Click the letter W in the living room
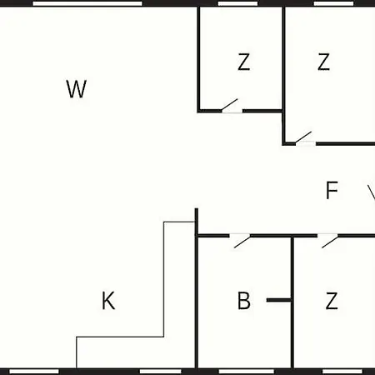(x=77, y=89)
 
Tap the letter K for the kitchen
(x=108, y=301)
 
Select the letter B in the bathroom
(x=244, y=301)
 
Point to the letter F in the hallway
(x=332, y=190)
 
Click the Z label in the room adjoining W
(x=243, y=62)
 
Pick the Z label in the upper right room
(x=323, y=62)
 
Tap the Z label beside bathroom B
(x=332, y=301)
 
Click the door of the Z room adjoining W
(x=230, y=105)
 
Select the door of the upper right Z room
(x=303, y=138)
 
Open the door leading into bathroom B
(x=242, y=242)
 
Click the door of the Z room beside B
(x=330, y=242)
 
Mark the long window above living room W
(x=87, y=3)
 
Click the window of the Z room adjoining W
(x=237, y=3)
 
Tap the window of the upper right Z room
(x=333, y=3)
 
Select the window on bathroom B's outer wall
(x=246, y=372)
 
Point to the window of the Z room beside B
(x=342, y=372)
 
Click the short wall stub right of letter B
(x=278, y=300)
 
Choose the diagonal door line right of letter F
(x=372, y=192)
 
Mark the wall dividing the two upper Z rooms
(x=283, y=75)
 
